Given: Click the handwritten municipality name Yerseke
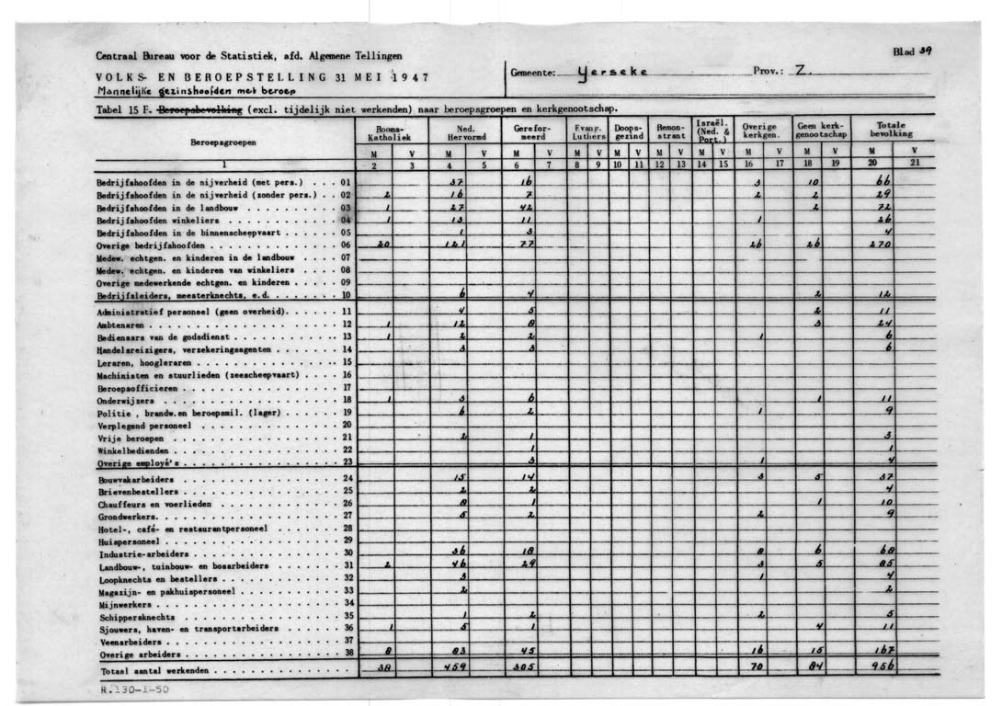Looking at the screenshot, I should pos(613,72).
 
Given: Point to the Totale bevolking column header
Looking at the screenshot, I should pos(891,129).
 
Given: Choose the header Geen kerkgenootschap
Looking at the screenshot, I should pos(819,130).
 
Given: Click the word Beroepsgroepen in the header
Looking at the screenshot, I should pos(223,143).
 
